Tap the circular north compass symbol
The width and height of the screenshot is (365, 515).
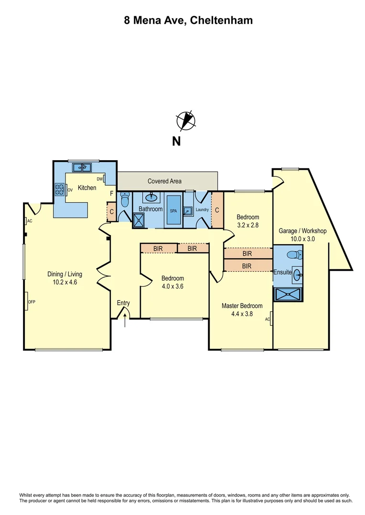coord(186,121)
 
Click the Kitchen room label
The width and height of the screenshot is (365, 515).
coord(87,188)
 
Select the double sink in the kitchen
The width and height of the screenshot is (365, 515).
coord(83,167)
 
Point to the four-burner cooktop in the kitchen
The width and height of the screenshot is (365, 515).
coord(60,190)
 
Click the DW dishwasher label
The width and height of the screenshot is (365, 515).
coord(100,179)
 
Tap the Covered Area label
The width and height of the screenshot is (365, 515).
coord(164,181)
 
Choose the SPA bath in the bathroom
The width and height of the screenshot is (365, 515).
coord(173,209)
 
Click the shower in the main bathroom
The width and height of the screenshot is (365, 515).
coord(140,219)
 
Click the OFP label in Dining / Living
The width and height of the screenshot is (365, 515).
coord(32,302)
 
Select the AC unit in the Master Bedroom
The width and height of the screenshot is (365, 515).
coord(269,319)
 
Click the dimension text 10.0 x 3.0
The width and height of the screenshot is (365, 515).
coord(302,239)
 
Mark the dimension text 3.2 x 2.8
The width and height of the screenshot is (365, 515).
coord(247,226)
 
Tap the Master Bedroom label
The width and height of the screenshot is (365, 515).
coord(242,306)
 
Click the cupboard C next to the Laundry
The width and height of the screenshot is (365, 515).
coord(217,210)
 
